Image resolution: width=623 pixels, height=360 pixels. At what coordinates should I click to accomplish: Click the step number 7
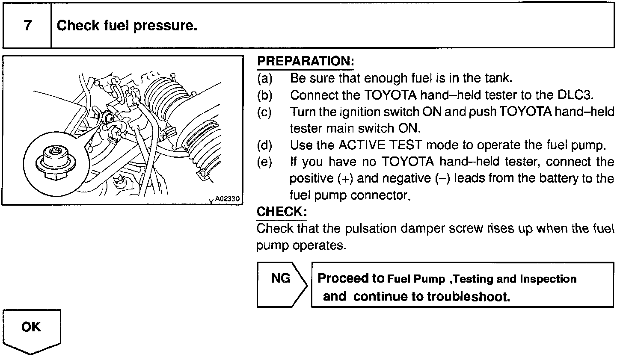27,26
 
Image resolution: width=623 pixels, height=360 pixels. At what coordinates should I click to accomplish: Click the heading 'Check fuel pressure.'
127,26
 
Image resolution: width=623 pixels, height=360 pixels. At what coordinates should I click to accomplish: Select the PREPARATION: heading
306,61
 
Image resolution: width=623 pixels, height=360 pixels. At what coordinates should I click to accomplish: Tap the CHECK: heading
282,212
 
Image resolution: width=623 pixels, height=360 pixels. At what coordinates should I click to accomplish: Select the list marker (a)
264,79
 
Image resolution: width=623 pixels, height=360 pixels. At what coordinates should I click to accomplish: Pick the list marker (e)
264,162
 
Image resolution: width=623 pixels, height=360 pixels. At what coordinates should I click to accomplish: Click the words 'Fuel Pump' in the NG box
416,279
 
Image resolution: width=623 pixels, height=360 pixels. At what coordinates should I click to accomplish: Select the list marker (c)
264,112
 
